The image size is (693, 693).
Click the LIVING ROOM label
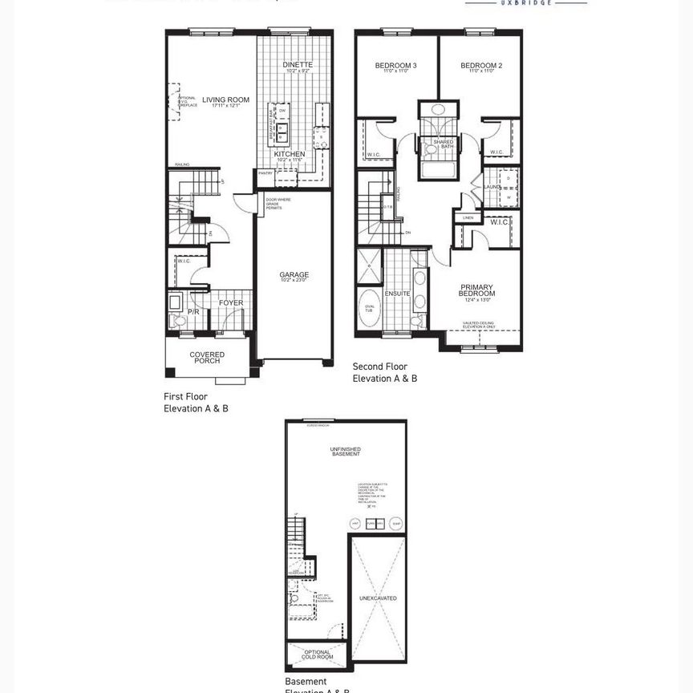[x=225, y=100]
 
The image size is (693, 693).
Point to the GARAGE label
[x=294, y=274]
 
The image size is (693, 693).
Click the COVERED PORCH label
[x=207, y=357]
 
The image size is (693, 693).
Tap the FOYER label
[x=231, y=303]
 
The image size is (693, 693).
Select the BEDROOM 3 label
[x=395, y=65]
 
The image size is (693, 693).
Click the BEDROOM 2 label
[x=483, y=65]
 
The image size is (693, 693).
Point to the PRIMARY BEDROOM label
[x=476, y=290]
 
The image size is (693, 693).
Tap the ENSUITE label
[x=397, y=294]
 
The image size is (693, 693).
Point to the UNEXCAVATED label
[x=378, y=598]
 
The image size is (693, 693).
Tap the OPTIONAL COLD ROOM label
[x=318, y=655]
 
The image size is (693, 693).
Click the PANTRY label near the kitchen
[x=265, y=172]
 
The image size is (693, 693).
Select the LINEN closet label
[x=468, y=217]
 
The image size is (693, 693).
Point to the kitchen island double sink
[x=282, y=130]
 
